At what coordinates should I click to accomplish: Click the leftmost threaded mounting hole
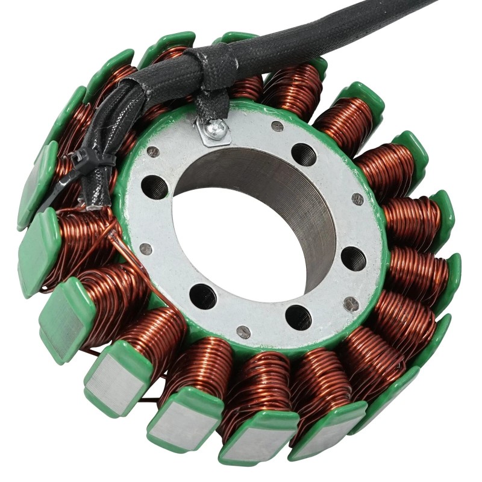click(x=156, y=187)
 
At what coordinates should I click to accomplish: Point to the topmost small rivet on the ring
click(x=277, y=127)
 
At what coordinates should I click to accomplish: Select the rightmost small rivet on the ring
click(x=357, y=199)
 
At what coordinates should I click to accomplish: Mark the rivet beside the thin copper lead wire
click(x=146, y=248)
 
